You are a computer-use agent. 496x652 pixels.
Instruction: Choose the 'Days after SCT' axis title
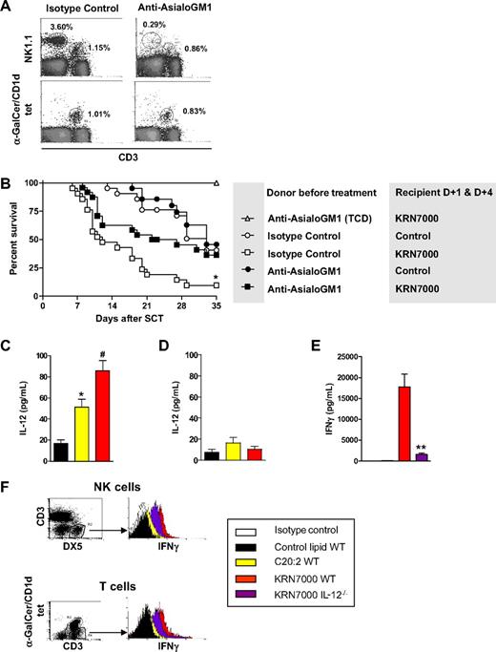tap(128, 309)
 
